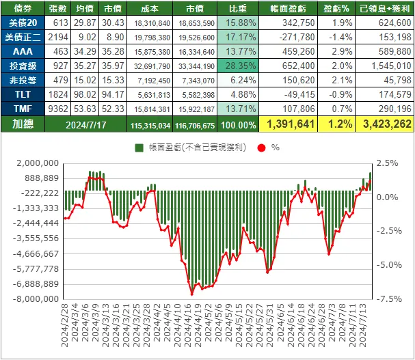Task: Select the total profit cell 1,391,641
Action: pos(290,124)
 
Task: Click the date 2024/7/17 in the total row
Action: pos(88,124)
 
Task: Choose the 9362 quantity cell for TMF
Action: pos(57,108)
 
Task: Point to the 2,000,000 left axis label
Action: pos(32,163)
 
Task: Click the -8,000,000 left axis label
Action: pos(32,299)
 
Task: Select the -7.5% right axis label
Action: pos(387,299)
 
